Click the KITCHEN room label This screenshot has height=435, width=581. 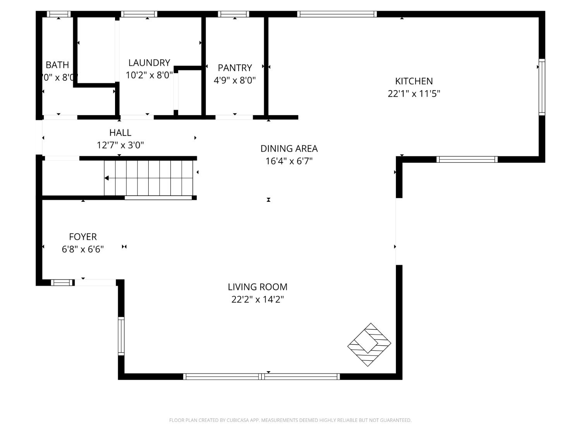pos(414,81)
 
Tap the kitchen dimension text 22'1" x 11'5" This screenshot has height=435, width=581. pos(414,94)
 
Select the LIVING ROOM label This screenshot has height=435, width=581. pos(258,287)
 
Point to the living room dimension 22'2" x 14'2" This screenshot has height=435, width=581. pos(258,300)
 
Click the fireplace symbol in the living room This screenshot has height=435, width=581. pos(369,345)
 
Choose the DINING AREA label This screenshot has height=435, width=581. pos(289,148)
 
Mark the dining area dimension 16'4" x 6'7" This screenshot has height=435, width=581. pos(289,161)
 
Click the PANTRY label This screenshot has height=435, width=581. pos(235,68)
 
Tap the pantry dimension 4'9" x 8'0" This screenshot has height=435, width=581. pos(235,80)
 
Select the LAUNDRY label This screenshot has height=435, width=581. pos(149,63)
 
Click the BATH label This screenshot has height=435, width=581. pos(57,65)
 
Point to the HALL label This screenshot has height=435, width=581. pos(120,133)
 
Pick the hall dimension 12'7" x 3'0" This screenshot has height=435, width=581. pos(120,145)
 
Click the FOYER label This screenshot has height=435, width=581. pos(83,237)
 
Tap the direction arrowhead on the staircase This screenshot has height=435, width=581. pos(107,178)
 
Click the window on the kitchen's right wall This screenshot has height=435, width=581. pos(542,87)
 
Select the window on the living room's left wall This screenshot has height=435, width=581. pos(121,336)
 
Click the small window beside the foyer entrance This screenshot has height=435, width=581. pos(62,283)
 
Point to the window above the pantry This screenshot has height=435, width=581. pos(233,14)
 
